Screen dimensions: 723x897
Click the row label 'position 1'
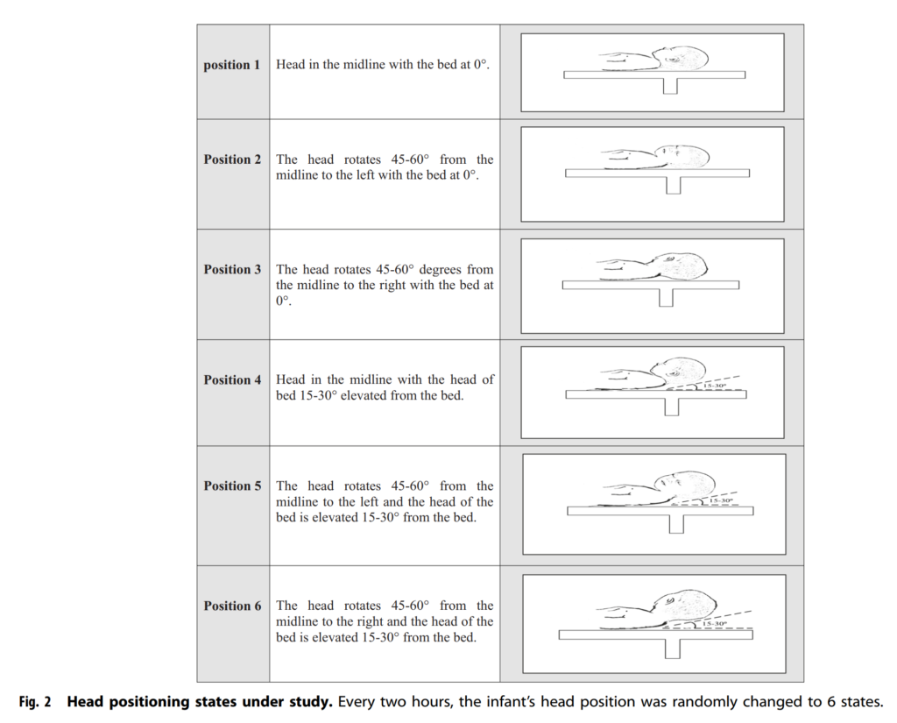point(232,66)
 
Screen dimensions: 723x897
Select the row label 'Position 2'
point(232,159)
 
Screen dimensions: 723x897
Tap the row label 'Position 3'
point(232,269)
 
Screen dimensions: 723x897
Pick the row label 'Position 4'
point(232,379)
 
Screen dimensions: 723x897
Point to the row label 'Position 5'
point(232,486)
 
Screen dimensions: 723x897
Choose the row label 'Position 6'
point(232,606)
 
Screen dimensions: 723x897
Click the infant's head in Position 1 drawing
point(685,60)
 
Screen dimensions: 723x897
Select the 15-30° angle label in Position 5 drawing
point(721,500)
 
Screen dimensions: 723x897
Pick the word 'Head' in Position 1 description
point(291,65)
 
